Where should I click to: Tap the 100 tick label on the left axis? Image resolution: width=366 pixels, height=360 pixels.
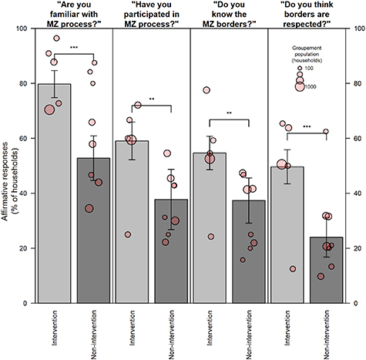click(x=21, y=29)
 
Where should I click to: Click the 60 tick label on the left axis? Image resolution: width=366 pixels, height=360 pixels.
click(x=23, y=139)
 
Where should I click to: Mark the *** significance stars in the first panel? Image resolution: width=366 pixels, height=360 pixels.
click(x=74, y=48)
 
